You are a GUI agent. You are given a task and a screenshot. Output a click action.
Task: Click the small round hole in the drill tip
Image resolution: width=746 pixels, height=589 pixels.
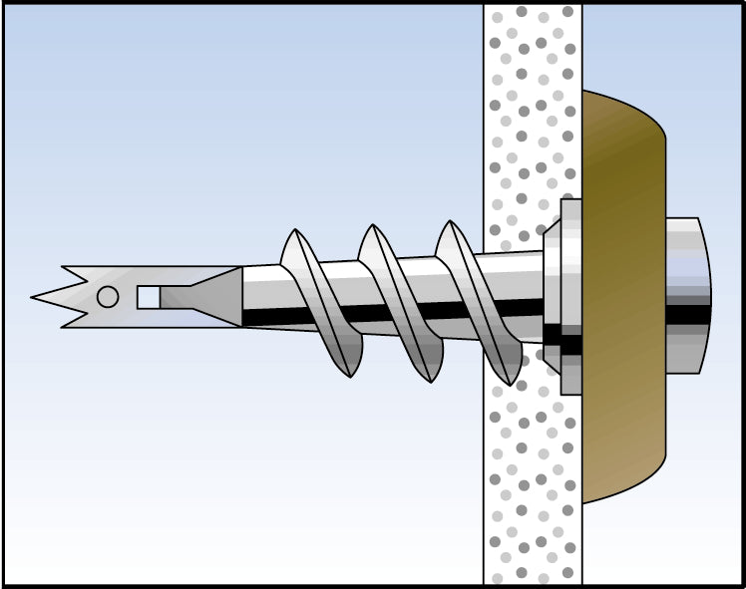107,296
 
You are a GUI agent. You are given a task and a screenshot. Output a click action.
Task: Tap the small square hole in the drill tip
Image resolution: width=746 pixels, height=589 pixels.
148,297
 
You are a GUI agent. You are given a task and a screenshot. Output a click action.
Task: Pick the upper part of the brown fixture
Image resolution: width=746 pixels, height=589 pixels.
623,149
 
